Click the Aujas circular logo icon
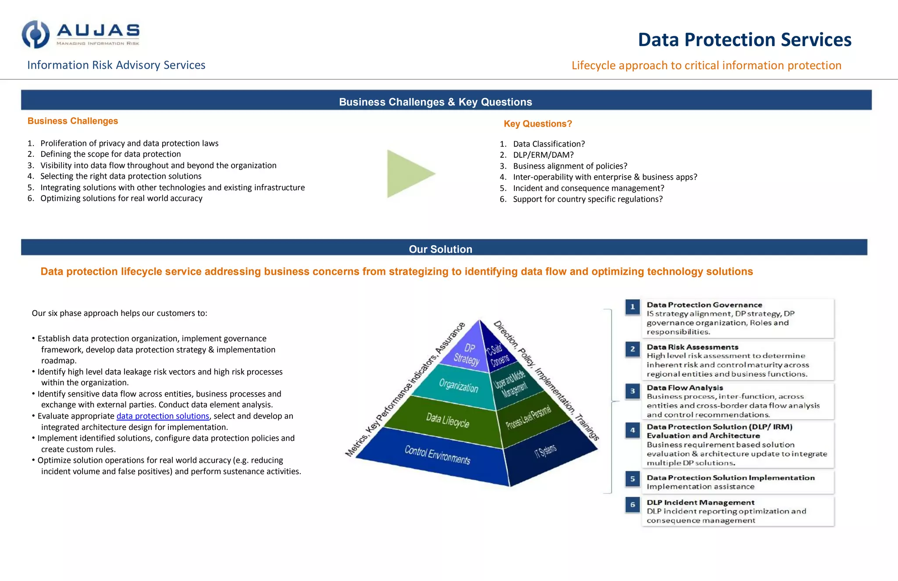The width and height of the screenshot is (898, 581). (36, 34)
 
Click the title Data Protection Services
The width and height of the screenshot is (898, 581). (745, 40)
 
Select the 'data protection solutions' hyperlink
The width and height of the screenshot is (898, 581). (163, 416)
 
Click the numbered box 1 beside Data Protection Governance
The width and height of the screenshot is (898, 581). (632, 307)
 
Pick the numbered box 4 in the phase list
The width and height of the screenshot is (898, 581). (632, 430)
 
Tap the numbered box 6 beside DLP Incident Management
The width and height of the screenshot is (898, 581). (632, 505)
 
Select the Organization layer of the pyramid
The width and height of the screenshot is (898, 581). (458, 386)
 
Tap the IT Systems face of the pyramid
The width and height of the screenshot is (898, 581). (545, 451)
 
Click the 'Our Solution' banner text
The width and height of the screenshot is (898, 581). (440, 249)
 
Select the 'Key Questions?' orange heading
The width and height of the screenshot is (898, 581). (538, 124)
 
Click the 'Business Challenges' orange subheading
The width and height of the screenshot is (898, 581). (73, 121)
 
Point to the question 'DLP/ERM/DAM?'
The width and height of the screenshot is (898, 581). (543, 155)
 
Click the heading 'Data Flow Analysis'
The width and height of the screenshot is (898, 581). (684, 388)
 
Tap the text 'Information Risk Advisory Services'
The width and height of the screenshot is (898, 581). (116, 65)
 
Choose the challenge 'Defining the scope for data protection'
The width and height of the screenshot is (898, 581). (110, 154)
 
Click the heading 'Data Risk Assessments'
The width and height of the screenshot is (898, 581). (692, 347)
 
